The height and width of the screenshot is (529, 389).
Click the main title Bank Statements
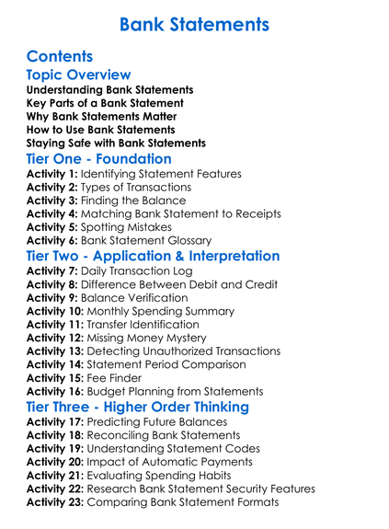point(194,23)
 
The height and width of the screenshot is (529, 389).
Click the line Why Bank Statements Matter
point(104,116)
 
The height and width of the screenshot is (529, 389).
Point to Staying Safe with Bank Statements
point(116,143)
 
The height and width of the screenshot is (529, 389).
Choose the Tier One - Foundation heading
point(98,159)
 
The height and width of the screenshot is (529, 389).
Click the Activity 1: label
point(52,174)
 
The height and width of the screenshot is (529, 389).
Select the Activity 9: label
point(52,298)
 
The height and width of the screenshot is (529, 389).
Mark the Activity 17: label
point(55,421)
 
